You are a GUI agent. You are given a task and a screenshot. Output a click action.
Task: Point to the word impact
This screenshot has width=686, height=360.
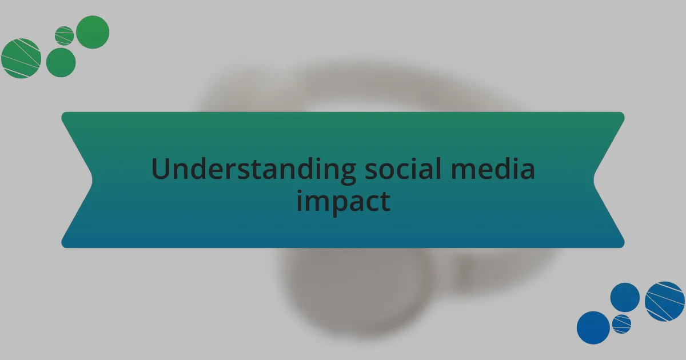tap(343, 201)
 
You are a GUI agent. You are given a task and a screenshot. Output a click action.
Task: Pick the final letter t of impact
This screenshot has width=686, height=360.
tap(386, 201)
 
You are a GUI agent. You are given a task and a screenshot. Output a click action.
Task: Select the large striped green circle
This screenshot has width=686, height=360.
tap(21, 58)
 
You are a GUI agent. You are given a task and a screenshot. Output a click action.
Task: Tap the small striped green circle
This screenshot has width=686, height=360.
tap(64, 35)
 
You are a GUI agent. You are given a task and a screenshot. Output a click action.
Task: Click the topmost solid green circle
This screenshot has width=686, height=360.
tap(93, 32)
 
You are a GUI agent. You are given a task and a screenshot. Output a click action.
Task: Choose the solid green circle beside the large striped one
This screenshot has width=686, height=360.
tap(61, 62)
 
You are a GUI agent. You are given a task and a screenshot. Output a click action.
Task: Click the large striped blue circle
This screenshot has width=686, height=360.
tap(665, 301)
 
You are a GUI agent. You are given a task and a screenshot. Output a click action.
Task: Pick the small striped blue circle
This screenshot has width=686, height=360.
tap(621, 323)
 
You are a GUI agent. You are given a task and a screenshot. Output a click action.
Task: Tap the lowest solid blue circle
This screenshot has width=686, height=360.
tap(593, 327)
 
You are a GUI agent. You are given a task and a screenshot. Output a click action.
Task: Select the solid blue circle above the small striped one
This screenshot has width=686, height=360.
tap(625, 297)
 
